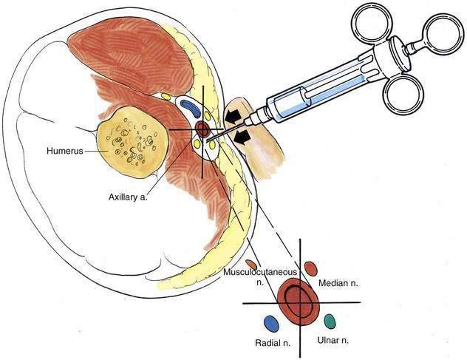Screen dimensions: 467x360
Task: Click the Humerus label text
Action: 65,151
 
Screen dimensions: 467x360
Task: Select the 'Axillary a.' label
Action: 128,197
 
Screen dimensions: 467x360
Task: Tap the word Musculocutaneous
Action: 260,272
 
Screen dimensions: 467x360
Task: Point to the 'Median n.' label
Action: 338,283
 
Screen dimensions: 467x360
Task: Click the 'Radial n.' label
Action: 273,343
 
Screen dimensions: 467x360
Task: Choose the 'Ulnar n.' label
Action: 333,340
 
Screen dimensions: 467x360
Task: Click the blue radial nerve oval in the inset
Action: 271,324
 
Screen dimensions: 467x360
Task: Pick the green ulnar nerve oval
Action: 330,322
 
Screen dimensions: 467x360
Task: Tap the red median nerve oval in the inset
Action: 311,268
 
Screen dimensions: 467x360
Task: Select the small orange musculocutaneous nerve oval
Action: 251,264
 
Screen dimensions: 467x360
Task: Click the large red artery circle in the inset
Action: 298,302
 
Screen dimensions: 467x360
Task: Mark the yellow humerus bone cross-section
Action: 132,142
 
